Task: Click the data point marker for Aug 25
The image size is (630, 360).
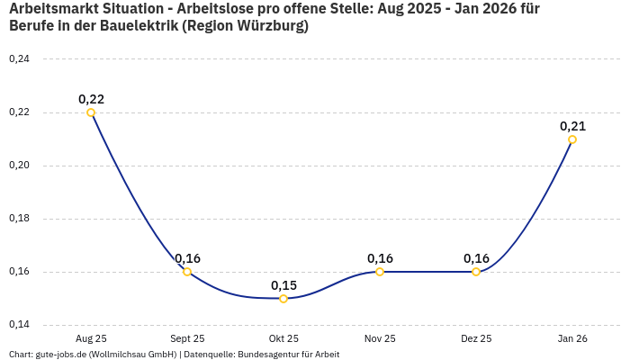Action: point(91,112)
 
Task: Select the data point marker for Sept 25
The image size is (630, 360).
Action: point(187,272)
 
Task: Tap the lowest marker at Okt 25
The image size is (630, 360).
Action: point(283,299)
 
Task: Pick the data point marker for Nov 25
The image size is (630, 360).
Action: point(380,272)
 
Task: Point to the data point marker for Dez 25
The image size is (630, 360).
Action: point(476,272)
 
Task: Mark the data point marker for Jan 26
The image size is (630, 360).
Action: point(572,139)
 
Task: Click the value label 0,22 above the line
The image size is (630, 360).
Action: point(91,99)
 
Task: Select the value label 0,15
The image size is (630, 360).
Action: point(283,285)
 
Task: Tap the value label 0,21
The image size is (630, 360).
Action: point(572,126)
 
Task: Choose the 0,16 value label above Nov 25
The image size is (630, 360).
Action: point(380,258)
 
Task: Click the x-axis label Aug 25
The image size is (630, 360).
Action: point(91,338)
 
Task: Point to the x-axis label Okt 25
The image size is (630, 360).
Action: point(283,338)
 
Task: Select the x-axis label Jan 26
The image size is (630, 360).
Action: point(572,338)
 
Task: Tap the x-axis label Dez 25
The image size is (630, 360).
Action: point(476,338)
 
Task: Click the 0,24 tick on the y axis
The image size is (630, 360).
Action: point(19,59)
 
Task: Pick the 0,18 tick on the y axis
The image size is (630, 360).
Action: point(19,219)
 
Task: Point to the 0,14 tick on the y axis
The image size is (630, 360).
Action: point(19,325)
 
